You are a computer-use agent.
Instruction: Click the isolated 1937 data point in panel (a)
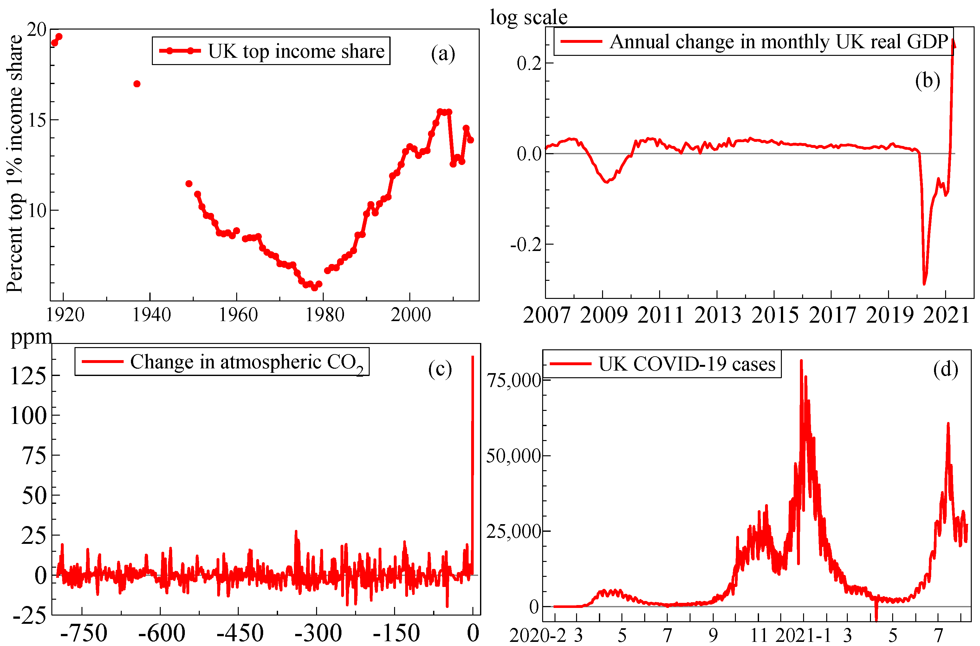click(x=137, y=84)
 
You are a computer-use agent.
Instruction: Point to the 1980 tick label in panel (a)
click(x=324, y=315)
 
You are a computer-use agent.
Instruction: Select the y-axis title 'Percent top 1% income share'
click(x=15, y=164)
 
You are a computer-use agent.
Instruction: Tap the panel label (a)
click(x=443, y=54)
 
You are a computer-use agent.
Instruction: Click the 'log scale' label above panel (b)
click(x=528, y=17)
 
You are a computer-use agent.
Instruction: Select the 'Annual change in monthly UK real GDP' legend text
click(x=778, y=42)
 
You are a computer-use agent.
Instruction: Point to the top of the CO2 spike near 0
click(x=473, y=357)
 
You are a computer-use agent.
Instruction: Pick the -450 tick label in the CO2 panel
click(x=240, y=633)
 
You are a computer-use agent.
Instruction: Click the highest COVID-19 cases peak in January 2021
click(x=801, y=360)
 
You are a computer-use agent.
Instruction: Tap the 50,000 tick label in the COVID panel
click(x=513, y=456)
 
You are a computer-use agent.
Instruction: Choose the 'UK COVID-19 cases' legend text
click(x=686, y=364)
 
